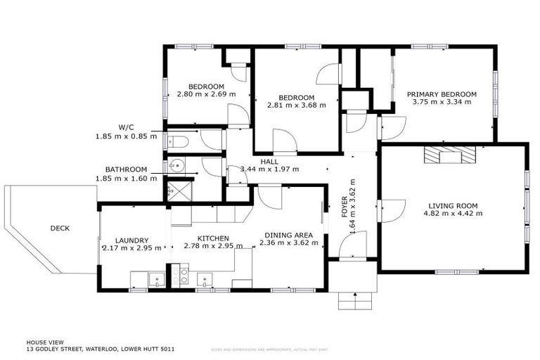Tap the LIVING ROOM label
(453, 206)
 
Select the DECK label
(60, 228)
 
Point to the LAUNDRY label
(132, 239)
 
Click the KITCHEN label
(213, 239)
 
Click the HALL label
(269, 162)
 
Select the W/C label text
(127, 127)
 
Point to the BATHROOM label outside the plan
(126, 170)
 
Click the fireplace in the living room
(449, 155)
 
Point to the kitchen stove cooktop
(178, 276)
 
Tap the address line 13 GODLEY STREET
(101, 349)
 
